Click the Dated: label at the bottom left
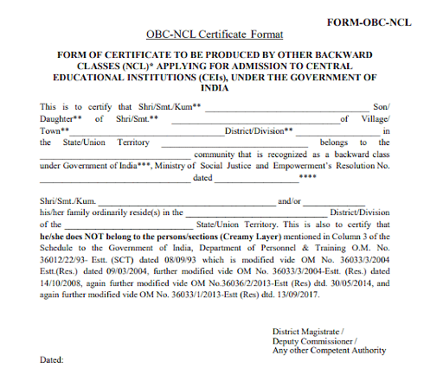(53, 358)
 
